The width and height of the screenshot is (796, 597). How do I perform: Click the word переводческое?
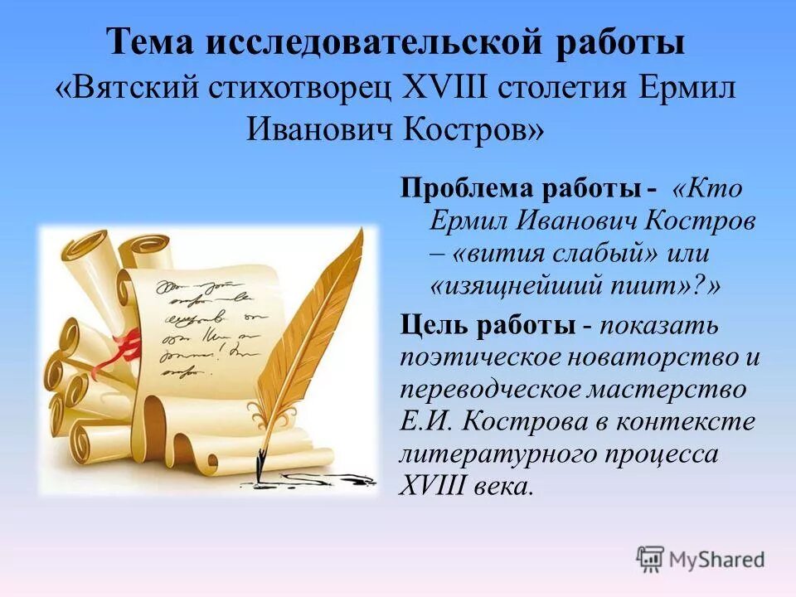pyautogui.click(x=488, y=390)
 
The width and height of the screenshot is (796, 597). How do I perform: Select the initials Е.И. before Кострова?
pyautogui.click(x=426, y=422)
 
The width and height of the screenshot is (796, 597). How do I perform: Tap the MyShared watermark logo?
pyautogui.click(x=701, y=559)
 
